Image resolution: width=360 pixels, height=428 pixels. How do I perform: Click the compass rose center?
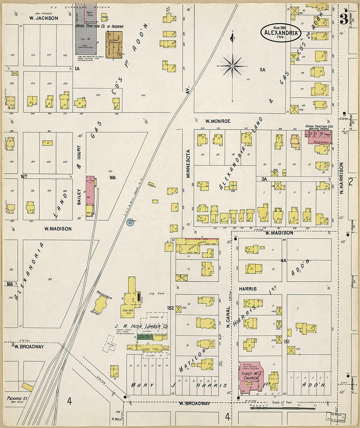pos(232,66)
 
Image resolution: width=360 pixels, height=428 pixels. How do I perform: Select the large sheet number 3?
pos(343,20)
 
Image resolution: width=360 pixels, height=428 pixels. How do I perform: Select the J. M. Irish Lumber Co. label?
pos(141,326)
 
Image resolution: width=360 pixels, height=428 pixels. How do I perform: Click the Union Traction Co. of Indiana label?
pos(99,26)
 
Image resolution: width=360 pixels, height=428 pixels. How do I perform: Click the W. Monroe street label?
pos(218,121)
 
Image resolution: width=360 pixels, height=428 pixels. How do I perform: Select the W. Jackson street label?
pos(44,18)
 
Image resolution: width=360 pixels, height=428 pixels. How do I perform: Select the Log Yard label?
pos(157,294)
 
